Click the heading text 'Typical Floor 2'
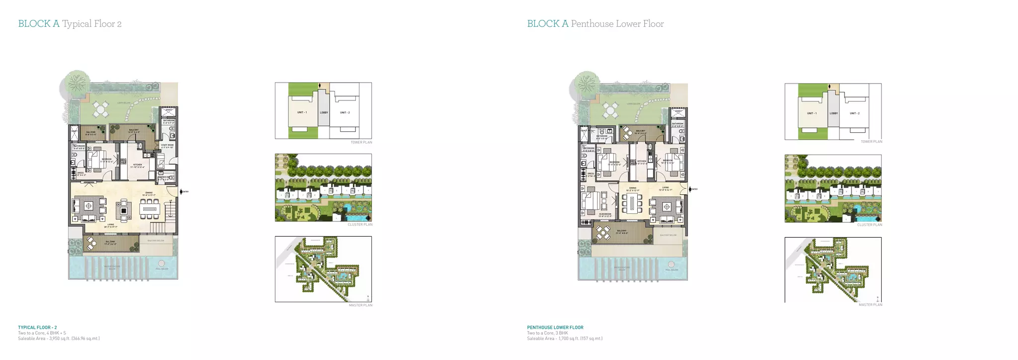click(91, 24)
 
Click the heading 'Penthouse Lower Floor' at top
click(617, 24)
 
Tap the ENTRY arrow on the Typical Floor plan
click(181, 191)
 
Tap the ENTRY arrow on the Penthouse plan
click(690, 189)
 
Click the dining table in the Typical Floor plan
click(149, 209)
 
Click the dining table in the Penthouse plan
click(633, 203)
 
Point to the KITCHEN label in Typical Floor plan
click(138, 166)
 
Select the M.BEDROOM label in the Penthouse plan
click(605, 215)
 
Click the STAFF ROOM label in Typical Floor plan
click(167, 146)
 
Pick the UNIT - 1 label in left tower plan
click(302, 112)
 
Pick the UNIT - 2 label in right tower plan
click(854, 113)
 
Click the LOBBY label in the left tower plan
click(324, 112)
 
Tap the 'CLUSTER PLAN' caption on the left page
click(360, 225)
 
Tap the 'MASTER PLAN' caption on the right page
click(870, 305)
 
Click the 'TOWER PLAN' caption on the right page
click(871, 142)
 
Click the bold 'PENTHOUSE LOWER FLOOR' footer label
click(555, 328)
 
